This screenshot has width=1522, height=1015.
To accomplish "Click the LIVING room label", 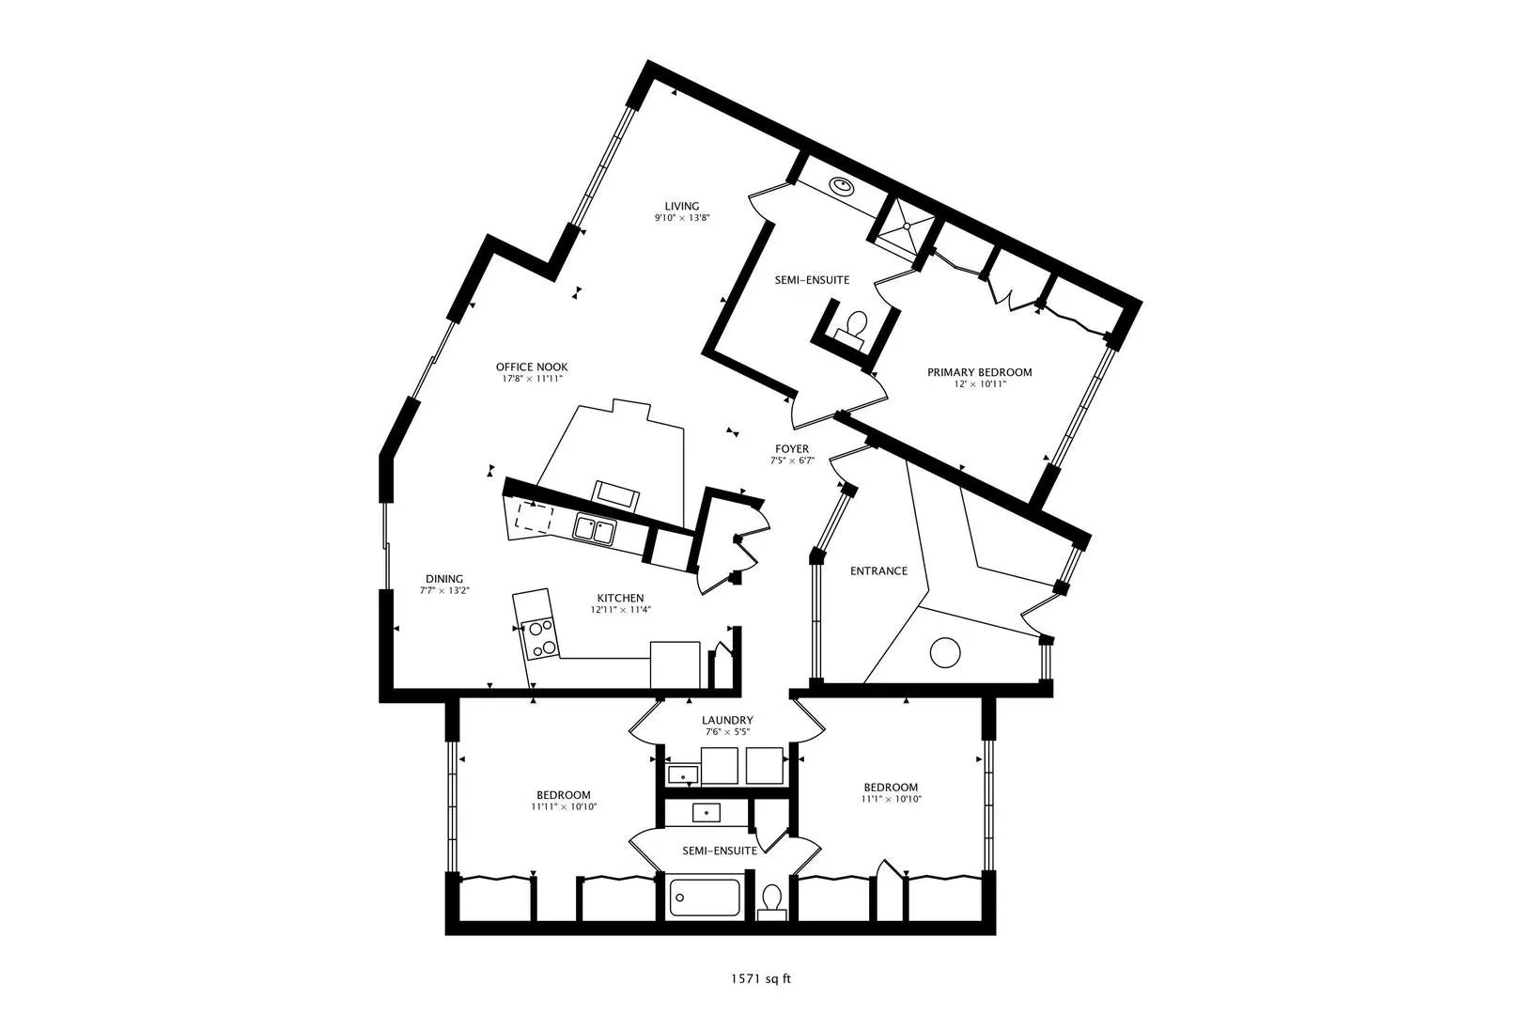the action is [x=681, y=206].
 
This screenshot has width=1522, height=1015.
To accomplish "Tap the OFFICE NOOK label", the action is [x=532, y=367].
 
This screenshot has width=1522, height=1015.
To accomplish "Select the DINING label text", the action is [x=444, y=579].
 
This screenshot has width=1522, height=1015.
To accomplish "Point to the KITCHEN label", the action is [x=621, y=599].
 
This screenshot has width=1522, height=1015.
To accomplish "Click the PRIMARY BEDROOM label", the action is [x=980, y=372].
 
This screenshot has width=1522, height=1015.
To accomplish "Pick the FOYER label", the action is [x=792, y=448].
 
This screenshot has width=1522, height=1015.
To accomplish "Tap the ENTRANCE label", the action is [x=878, y=571].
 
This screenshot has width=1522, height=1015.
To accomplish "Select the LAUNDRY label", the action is [x=727, y=721].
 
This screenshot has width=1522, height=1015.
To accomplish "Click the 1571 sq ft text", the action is [x=761, y=979].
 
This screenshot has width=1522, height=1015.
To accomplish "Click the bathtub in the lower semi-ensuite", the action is [x=705, y=898].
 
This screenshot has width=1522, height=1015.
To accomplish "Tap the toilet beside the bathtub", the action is [x=772, y=902].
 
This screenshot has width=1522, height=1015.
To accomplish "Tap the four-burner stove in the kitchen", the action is [x=540, y=639].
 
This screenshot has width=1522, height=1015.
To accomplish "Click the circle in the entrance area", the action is [x=945, y=652].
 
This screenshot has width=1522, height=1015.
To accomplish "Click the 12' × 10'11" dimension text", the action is [x=980, y=384].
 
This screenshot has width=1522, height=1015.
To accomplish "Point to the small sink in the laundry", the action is [x=682, y=774].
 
